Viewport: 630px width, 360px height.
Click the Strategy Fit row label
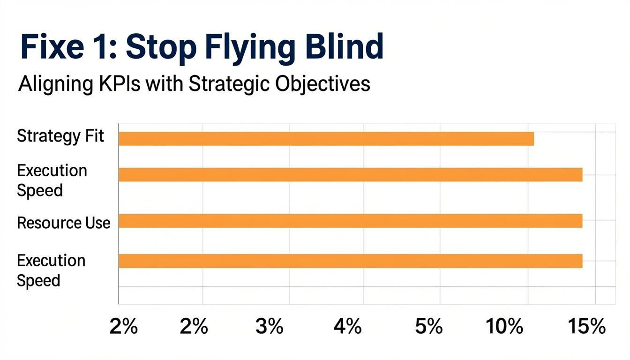click(60, 137)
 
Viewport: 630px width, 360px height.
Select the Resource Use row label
click(64, 223)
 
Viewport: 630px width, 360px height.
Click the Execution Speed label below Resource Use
click(51, 270)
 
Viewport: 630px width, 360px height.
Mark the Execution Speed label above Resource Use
click(52, 180)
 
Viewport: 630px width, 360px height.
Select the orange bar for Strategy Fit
click(326, 139)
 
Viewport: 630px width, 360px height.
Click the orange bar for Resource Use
click(350, 221)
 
